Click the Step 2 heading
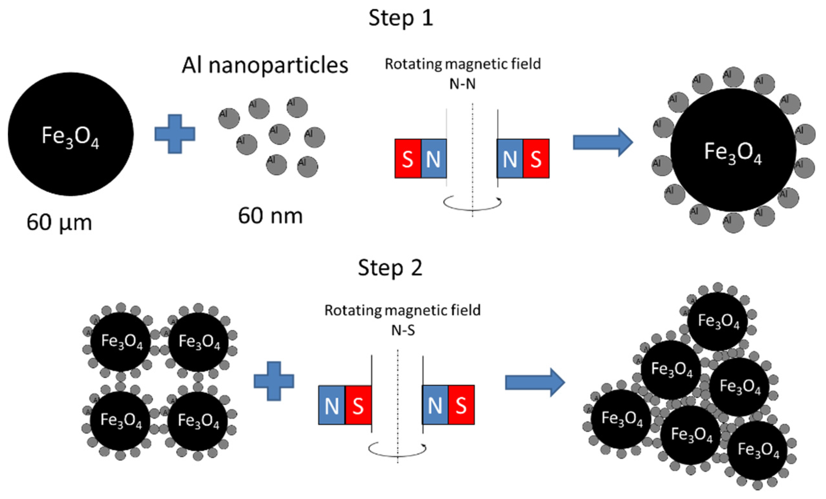(390, 267)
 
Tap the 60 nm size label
(270, 216)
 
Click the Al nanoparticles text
(265, 65)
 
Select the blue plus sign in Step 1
(175, 134)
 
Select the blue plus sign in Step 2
(274, 381)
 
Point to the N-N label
(462, 84)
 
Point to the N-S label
(403, 331)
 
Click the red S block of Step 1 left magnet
(408, 159)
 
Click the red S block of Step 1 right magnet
(536, 159)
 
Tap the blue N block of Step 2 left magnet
(332, 405)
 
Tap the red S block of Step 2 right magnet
(461, 405)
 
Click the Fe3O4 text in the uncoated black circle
(70, 136)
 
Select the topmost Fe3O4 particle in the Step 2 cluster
(718, 320)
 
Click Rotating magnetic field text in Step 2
(402, 311)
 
